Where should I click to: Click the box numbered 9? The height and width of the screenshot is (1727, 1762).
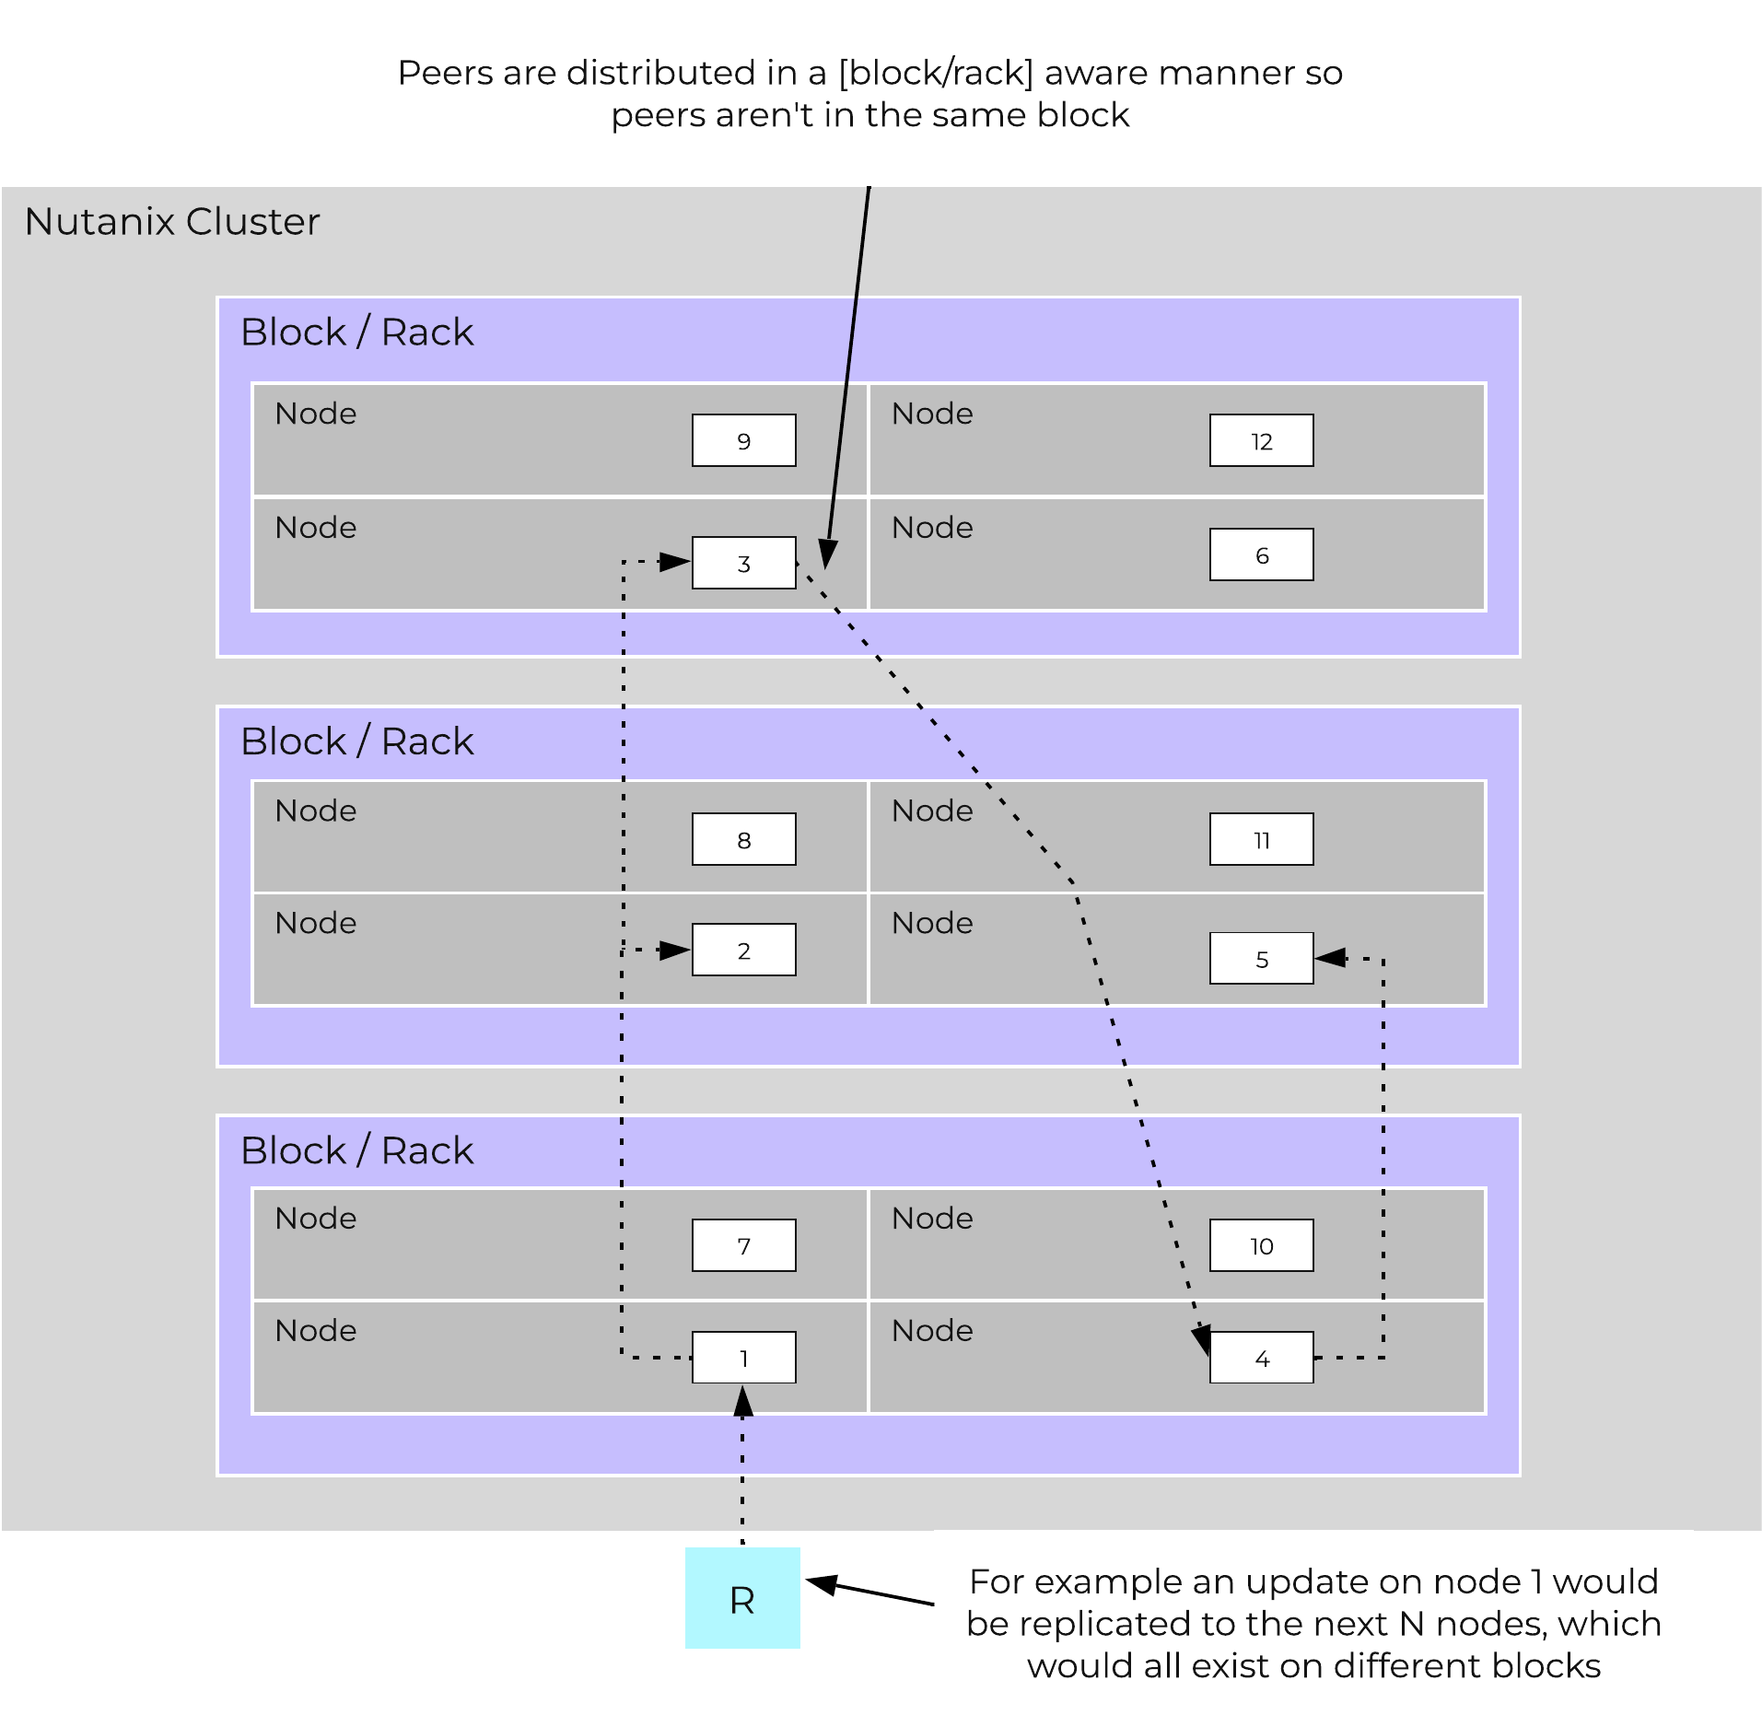tap(743, 440)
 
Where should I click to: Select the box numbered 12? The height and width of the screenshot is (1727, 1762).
tap(1261, 440)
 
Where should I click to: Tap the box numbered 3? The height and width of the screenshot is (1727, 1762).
tap(743, 563)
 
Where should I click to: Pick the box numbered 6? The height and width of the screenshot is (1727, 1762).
tap(1261, 554)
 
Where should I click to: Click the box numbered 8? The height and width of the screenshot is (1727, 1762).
tap(743, 839)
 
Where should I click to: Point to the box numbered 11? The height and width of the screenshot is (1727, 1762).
tap(1261, 839)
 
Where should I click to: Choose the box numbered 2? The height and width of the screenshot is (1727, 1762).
tap(743, 950)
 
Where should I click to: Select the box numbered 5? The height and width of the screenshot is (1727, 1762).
tap(1261, 958)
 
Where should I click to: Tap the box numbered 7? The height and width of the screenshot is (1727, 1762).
tap(743, 1245)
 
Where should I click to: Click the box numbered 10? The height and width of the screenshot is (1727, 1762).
tap(1261, 1245)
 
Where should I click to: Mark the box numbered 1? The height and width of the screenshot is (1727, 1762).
tap(743, 1357)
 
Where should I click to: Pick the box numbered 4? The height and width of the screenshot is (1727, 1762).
tap(1261, 1357)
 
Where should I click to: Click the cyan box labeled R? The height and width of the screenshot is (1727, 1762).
tap(742, 1598)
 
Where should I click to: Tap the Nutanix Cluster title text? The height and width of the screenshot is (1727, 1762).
tap(172, 222)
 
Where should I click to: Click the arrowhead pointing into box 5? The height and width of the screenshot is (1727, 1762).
tap(1329, 958)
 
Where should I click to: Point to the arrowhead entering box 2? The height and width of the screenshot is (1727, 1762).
tap(676, 950)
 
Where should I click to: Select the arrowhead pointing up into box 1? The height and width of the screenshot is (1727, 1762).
tap(743, 1400)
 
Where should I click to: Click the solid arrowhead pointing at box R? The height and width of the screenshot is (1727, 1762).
tap(821, 1584)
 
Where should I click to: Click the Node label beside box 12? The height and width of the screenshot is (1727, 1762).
tap(932, 414)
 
